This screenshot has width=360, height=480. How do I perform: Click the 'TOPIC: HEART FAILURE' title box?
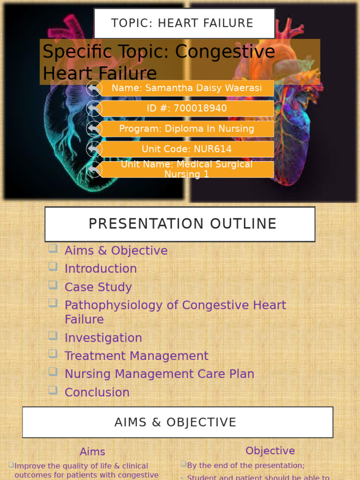[x=184, y=23]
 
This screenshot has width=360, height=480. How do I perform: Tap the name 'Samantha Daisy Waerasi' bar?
[x=187, y=88]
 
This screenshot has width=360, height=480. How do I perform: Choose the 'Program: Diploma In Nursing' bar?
[x=187, y=129]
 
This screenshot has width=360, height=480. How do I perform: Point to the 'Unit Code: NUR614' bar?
[x=187, y=149]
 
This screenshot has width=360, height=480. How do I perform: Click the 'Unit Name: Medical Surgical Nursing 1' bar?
[x=187, y=169]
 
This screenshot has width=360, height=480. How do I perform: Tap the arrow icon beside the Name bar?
[x=94, y=88]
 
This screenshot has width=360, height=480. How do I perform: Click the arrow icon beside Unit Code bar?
[x=94, y=149]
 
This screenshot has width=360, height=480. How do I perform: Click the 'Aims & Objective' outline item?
[x=116, y=251]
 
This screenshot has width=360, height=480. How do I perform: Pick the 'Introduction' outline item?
[x=100, y=269]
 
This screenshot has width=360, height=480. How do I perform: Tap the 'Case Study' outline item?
[x=98, y=287]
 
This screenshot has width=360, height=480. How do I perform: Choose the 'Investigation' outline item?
[x=103, y=338]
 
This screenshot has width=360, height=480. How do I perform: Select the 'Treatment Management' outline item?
[x=136, y=356]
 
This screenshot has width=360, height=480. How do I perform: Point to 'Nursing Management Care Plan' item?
[x=159, y=374]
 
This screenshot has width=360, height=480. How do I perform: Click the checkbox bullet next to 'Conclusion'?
[x=53, y=390]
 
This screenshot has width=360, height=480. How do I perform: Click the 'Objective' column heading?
[x=270, y=451]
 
